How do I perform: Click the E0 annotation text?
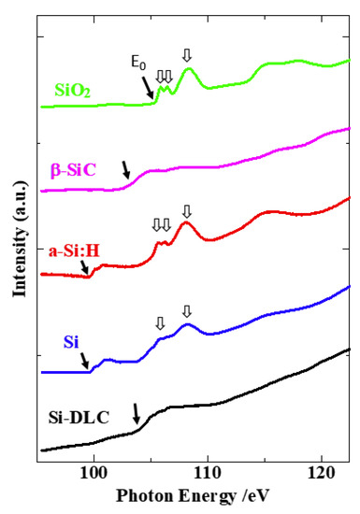pos(138,64)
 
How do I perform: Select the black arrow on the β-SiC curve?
pos(126,169)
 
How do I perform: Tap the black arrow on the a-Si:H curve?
pos(86,268)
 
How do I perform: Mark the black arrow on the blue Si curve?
pos(85,360)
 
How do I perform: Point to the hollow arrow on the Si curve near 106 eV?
pos(160,322)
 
